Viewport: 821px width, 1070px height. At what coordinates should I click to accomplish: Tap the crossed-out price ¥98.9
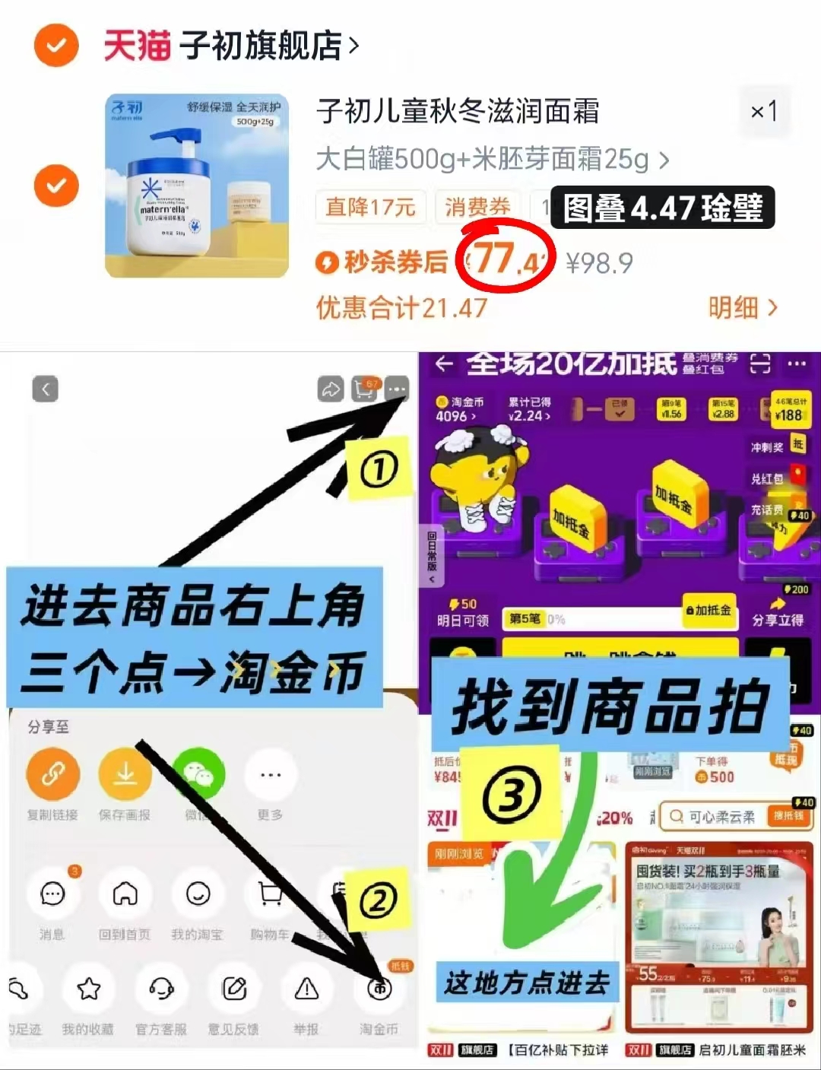pos(599,263)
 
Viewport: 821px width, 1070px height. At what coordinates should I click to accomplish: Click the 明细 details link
pos(742,308)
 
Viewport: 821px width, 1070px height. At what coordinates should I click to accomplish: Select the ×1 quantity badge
pos(763,112)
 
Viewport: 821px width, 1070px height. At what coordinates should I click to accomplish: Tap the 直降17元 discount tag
pos(370,207)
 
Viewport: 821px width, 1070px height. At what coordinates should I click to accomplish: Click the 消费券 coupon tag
pos(477,207)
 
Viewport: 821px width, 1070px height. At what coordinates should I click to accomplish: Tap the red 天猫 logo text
pos(137,46)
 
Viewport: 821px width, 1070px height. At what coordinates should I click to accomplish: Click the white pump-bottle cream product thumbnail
pos(197,186)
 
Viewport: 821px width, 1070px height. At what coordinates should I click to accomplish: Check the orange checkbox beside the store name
pos(56,46)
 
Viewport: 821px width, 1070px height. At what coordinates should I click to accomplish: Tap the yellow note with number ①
pos(379,469)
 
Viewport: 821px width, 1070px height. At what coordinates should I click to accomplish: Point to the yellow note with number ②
pos(378,902)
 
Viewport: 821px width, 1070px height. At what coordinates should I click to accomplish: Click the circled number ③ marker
pos(512,795)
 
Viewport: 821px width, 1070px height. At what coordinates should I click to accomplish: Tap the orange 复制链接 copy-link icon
pos(52,775)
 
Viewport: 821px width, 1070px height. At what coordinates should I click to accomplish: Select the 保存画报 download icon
pos(125,775)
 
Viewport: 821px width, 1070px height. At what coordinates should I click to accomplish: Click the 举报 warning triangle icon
pos(306,989)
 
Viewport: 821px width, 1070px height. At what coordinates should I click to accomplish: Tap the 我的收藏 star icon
pos(88,989)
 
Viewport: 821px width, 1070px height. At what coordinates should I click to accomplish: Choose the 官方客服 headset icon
pos(161,989)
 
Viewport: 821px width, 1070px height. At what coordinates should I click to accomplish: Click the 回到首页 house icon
pos(125,894)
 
